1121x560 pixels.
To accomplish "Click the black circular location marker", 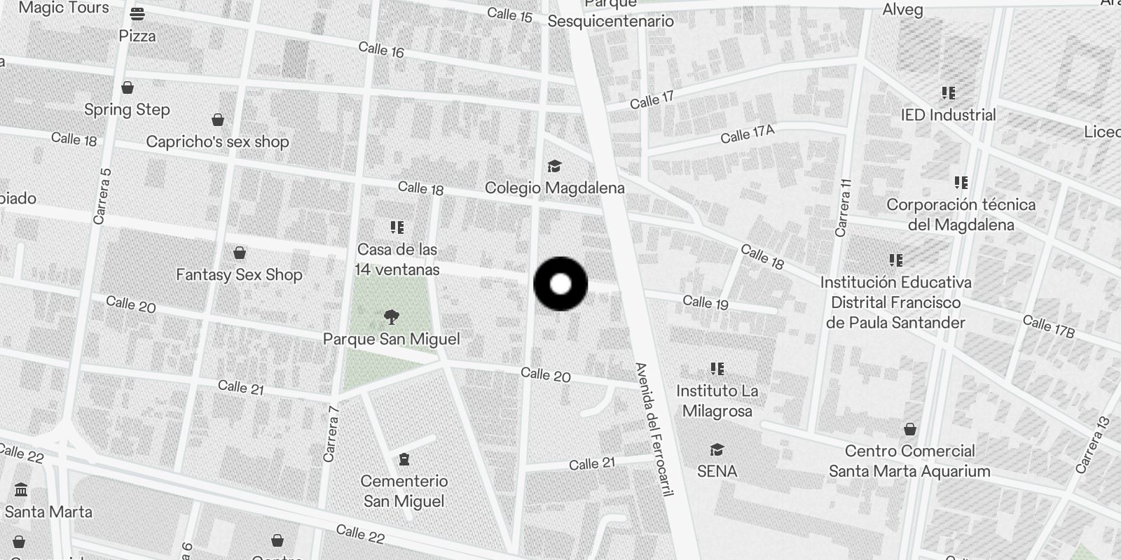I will pyautogui.click(x=560, y=284).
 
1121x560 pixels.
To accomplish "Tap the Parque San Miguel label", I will pyautogui.click(x=392, y=339).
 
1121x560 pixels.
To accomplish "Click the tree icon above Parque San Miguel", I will pyautogui.click(x=392, y=318).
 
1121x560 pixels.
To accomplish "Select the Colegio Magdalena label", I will pyautogui.click(x=554, y=188).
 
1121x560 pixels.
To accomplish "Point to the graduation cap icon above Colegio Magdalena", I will pyautogui.click(x=554, y=167).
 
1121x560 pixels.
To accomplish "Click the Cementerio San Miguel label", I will pyautogui.click(x=404, y=491).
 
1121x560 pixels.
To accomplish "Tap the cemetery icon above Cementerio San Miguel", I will pyautogui.click(x=404, y=460).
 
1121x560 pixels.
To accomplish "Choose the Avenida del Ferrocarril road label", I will pyautogui.click(x=654, y=429).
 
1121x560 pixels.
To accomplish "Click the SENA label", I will pyautogui.click(x=717, y=472).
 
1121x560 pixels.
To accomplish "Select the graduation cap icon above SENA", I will pyautogui.click(x=717, y=449).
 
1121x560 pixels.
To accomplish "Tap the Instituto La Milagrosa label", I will pyautogui.click(x=717, y=401).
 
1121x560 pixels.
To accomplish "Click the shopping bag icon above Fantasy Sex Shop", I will pyautogui.click(x=240, y=253).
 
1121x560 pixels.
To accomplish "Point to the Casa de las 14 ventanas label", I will pyautogui.click(x=397, y=260).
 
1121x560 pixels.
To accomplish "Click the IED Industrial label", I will pyautogui.click(x=948, y=115).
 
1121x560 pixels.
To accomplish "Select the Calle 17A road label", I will pyautogui.click(x=748, y=134).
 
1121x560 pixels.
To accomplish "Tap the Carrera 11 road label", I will pyautogui.click(x=844, y=207).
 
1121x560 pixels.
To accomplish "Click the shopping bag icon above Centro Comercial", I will pyautogui.click(x=909, y=429).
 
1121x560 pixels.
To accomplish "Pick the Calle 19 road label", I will pyautogui.click(x=706, y=302).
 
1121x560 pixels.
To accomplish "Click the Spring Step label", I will pyautogui.click(x=127, y=110).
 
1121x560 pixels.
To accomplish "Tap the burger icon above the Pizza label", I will pyautogui.click(x=137, y=14).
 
